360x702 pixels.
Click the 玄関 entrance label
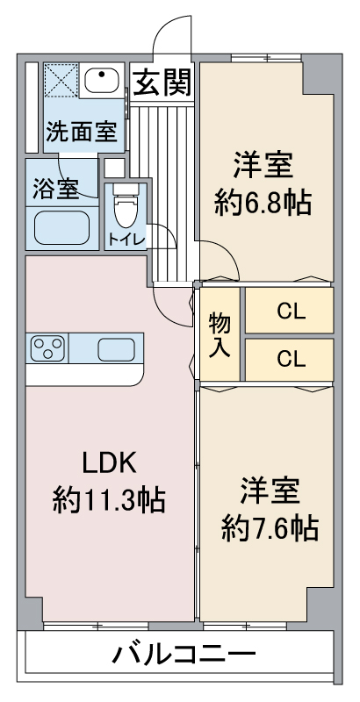click(162, 82)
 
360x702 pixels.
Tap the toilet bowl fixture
click(126, 205)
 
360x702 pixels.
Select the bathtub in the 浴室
click(61, 228)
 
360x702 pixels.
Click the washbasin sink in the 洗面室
click(102, 80)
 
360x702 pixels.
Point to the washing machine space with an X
click(61, 80)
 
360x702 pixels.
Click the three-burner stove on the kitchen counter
click(47, 348)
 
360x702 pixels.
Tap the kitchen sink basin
click(116, 349)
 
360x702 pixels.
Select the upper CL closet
click(289, 311)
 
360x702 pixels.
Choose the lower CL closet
click(289, 360)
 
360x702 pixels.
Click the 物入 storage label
click(220, 334)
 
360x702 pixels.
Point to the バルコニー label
click(184, 655)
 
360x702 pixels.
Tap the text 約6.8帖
click(263, 204)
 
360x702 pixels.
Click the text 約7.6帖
click(270, 528)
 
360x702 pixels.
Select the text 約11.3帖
click(109, 499)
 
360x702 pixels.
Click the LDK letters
click(109, 463)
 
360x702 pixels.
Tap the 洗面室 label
click(82, 132)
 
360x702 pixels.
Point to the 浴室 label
click(55, 190)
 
